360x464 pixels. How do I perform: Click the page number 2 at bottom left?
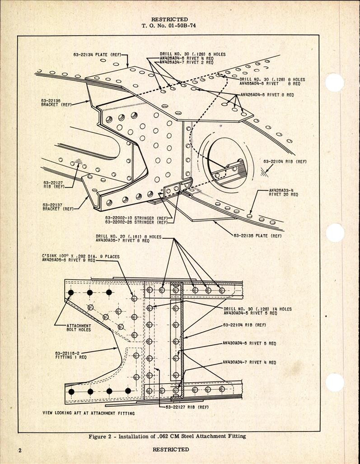[x=20, y=450]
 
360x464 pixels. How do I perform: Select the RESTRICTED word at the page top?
[x=170, y=19]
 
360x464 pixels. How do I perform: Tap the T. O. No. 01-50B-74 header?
[x=169, y=25]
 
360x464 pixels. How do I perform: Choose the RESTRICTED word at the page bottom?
[x=171, y=450]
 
